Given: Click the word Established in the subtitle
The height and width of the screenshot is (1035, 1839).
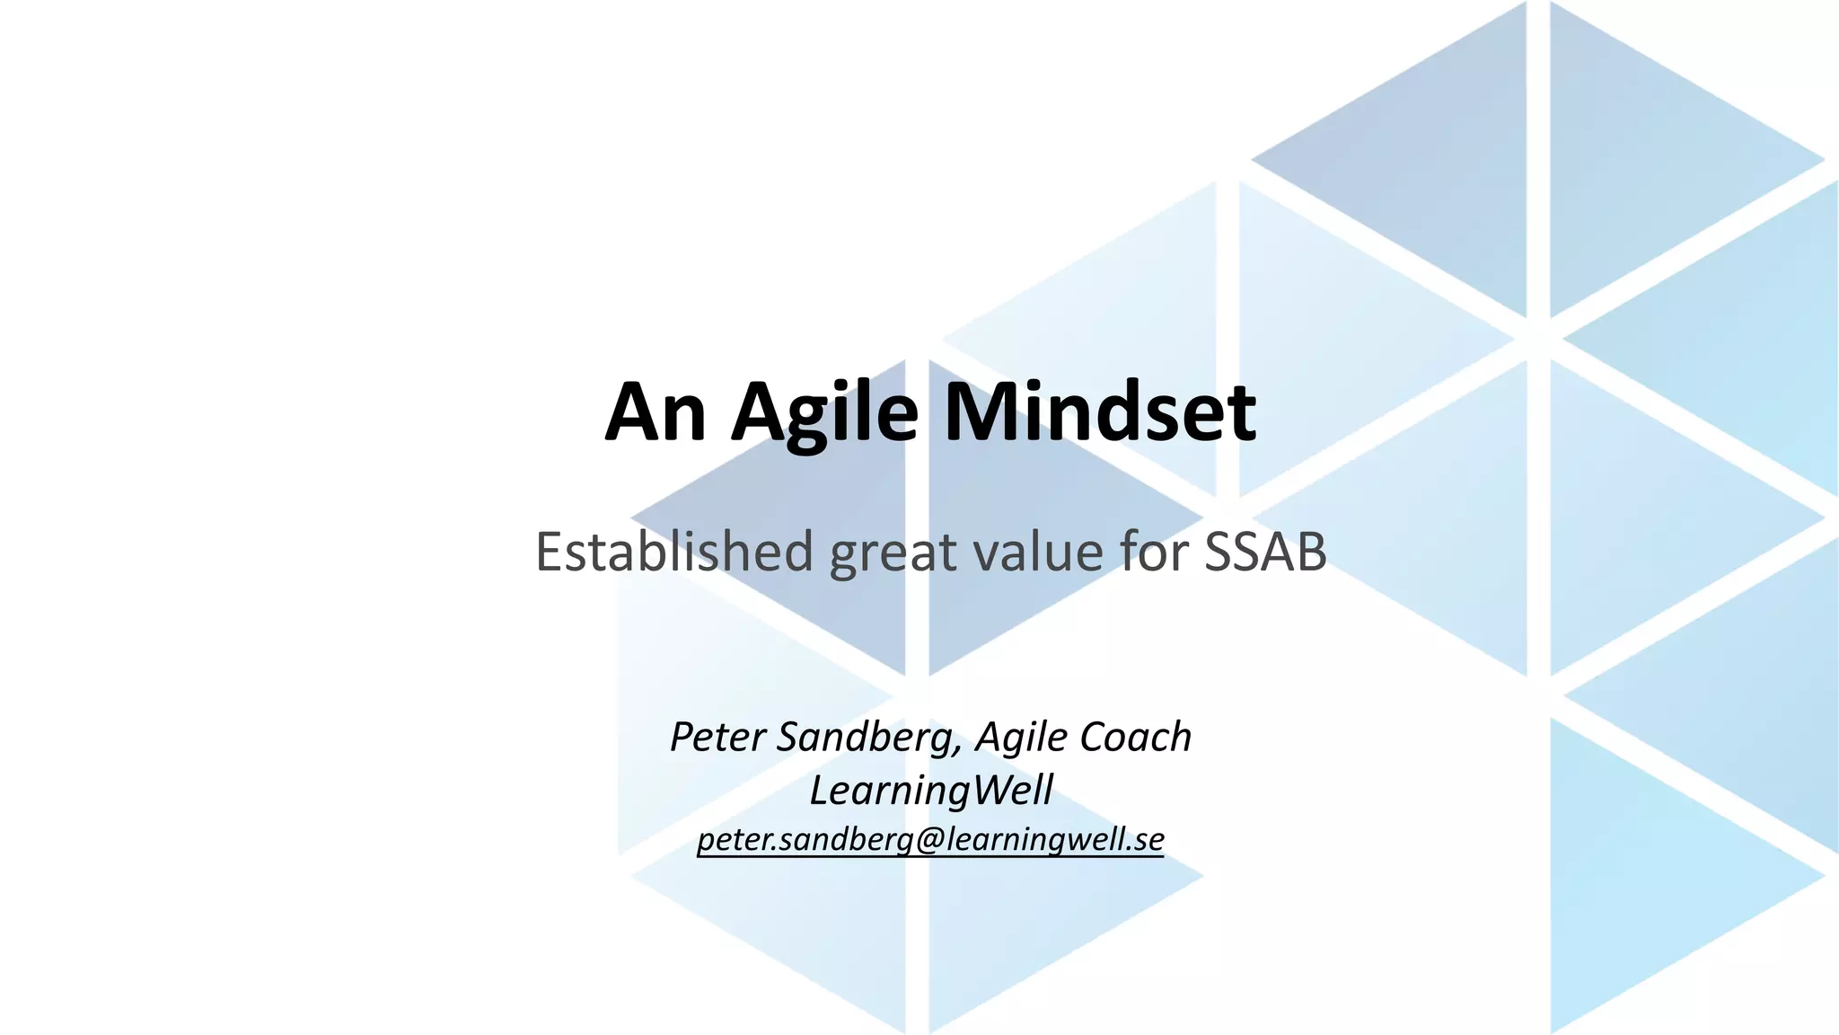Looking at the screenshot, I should pyautogui.click(x=674, y=552).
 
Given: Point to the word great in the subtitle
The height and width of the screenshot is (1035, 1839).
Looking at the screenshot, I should pyautogui.click(x=893, y=553).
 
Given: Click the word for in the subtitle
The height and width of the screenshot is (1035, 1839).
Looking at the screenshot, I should pyautogui.click(x=1152, y=552).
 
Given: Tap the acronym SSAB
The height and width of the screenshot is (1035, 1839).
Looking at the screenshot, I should pyautogui.click(x=1265, y=552).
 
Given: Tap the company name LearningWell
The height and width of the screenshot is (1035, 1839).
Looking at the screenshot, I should pyautogui.click(x=931, y=791).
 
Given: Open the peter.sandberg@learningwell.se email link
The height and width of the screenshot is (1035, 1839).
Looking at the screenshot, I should pyautogui.click(x=931, y=839).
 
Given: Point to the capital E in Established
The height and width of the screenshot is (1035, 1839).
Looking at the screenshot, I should pyautogui.click(x=550, y=552).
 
